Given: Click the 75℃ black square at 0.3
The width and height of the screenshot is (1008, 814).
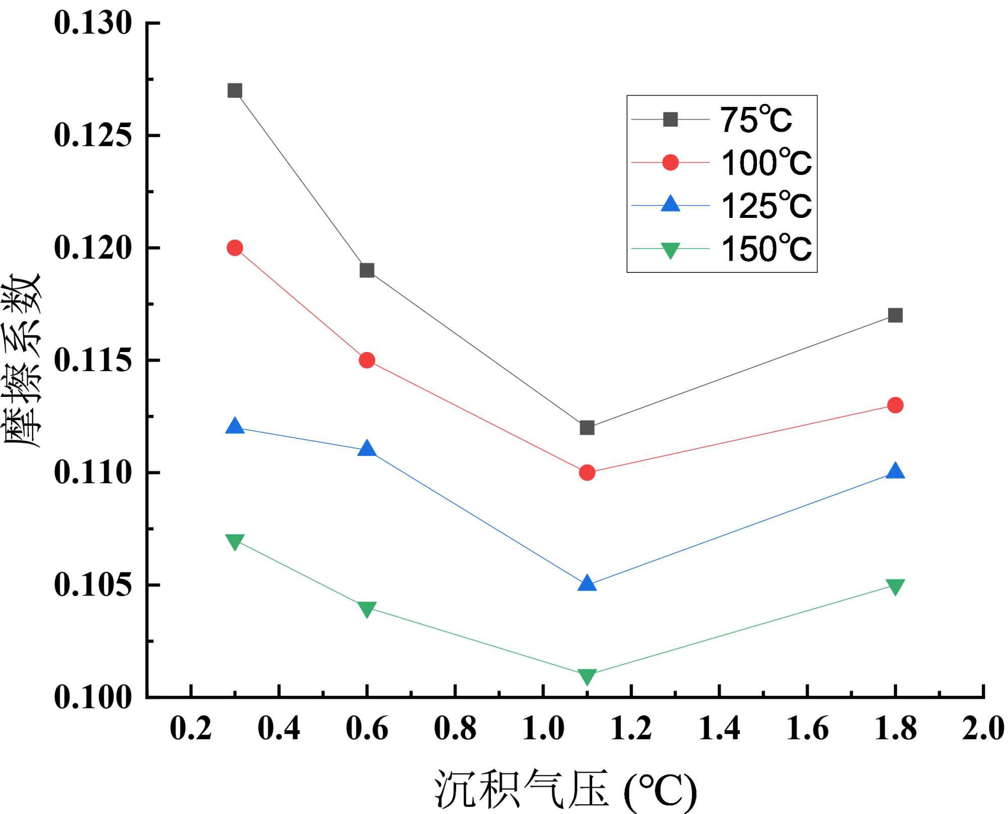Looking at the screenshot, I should point(235,91).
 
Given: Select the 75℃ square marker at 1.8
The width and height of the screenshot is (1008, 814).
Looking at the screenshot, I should point(895,315).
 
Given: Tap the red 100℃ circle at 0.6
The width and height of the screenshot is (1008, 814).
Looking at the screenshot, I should point(367,360).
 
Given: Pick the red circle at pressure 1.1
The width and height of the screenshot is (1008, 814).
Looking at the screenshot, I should point(587,473).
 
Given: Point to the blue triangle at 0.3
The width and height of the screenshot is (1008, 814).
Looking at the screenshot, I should point(235,426).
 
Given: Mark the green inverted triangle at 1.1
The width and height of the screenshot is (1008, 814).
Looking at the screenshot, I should point(587,676).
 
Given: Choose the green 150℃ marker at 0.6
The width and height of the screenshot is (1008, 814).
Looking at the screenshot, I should point(367,609).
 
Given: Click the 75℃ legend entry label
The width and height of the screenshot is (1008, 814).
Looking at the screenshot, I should point(755,120).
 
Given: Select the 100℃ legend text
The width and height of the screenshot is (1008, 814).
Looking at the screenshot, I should point(766,163).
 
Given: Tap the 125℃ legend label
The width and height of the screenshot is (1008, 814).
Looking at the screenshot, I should point(766,206).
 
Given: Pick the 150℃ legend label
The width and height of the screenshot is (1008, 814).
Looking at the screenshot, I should point(766,249).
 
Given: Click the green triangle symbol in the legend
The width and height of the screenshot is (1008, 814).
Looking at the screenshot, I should point(670,250).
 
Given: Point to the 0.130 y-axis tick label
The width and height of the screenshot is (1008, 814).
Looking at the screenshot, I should point(93,23).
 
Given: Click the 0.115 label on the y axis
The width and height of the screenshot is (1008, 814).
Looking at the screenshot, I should point(93,360).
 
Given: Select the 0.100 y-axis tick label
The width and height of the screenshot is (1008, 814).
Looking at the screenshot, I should point(93,697).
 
